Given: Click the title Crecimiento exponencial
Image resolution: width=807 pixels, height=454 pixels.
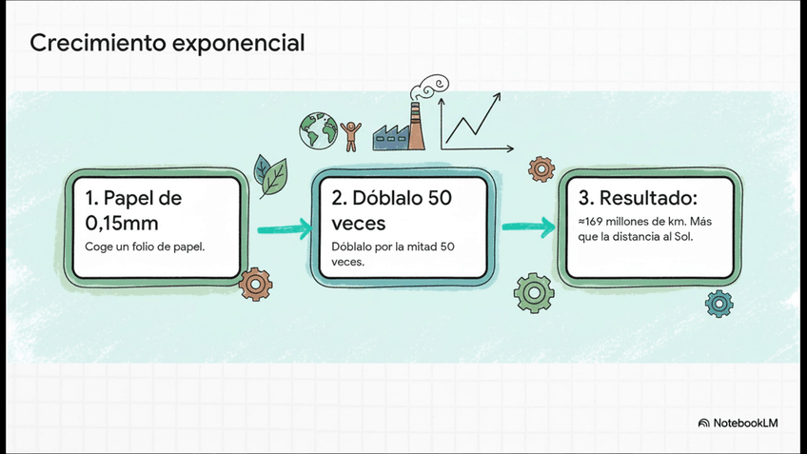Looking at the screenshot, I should (x=167, y=43).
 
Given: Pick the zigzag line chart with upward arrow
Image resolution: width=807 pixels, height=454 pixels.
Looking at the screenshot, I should (x=476, y=123).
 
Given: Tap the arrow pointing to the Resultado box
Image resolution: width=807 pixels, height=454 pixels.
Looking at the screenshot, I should (x=529, y=227).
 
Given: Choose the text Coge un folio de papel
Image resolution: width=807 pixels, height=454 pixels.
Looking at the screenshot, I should (x=145, y=247).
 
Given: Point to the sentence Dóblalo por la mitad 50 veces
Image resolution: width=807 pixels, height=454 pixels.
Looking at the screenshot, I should (x=393, y=253).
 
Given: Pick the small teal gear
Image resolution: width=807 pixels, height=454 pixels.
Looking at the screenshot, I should (x=718, y=305).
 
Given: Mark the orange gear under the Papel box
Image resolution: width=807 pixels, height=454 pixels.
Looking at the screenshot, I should (x=255, y=283).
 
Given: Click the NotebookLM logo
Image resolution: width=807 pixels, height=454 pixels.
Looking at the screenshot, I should (x=738, y=422).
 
